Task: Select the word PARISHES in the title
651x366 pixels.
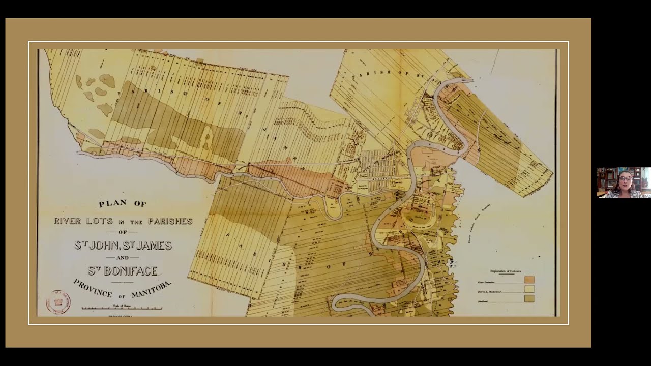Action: (170, 221)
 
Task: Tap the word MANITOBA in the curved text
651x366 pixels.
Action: (152, 291)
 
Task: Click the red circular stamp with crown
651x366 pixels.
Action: (58, 301)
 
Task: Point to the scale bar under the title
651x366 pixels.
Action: (122, 308)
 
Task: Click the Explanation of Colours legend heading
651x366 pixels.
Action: (505, 271)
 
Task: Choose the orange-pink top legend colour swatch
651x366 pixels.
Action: (529, 280)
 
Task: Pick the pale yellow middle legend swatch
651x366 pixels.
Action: (529, 289)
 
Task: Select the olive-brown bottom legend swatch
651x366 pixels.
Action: (529, 299)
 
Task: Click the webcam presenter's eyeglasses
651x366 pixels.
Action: (625, 179)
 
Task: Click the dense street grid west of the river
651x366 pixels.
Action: (377, 163)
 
